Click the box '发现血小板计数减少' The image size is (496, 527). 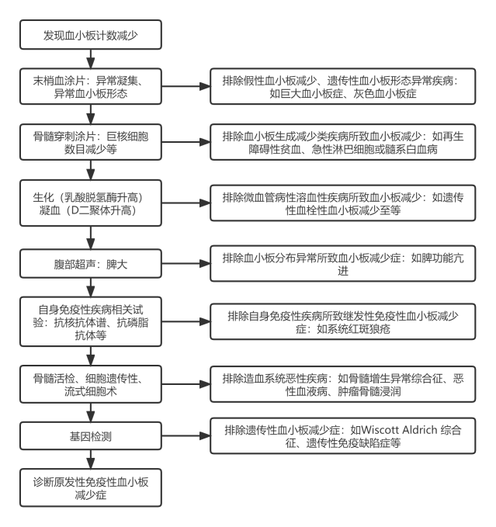click(x=92, y=36)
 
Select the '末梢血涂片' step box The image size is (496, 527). click(x=92, y=87)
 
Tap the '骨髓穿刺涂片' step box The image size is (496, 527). click(x=92, y=143)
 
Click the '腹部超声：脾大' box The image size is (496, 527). click(x=92, y=262)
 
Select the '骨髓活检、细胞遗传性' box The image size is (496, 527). click(x=92, y=383)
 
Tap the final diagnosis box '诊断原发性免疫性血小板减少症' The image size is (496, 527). click(x=92, y=487)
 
